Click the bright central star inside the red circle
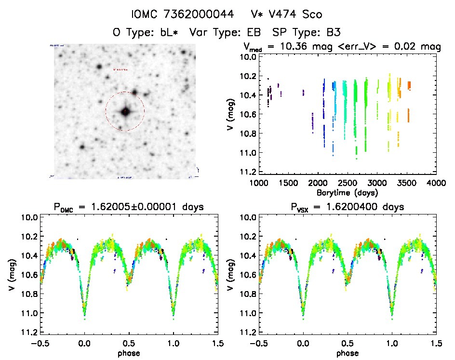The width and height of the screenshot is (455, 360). (125, 111)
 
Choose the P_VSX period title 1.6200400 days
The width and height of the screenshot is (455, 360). (347, 207)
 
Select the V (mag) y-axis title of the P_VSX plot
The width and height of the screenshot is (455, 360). (230, 275)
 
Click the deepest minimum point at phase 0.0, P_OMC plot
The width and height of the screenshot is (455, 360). (85, 319)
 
